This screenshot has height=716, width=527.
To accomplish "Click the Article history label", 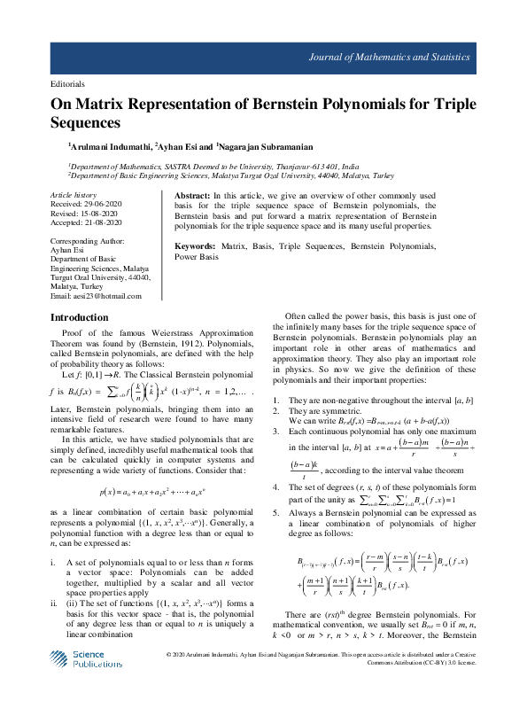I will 73,193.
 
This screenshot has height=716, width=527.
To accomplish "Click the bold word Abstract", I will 192,194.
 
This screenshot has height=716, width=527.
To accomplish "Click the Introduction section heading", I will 80,317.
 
